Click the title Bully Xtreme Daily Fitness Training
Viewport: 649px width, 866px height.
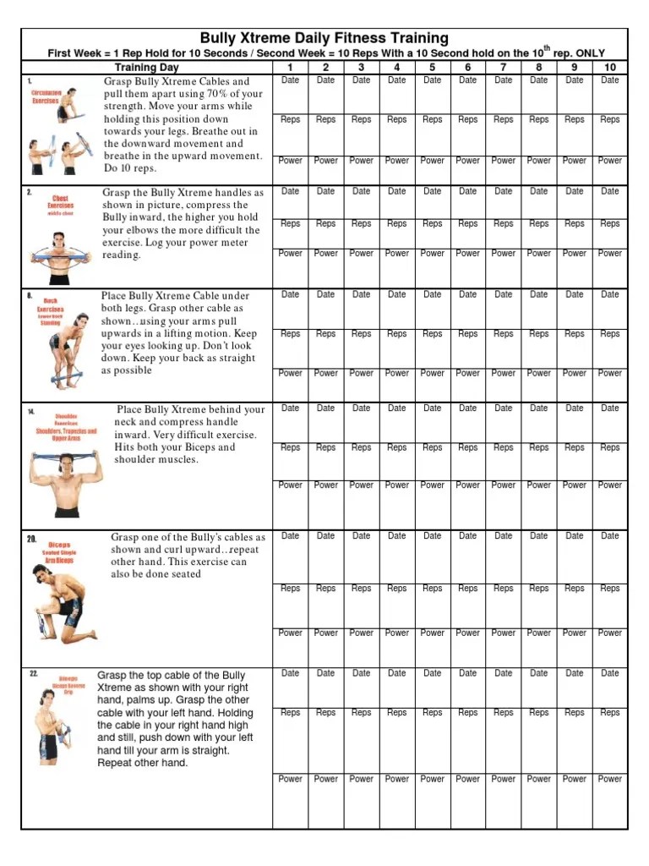coord(324,39)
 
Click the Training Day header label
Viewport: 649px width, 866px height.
coord(146,67)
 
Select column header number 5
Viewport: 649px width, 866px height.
coord(432,67)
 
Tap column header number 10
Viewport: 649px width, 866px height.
coord(609,67)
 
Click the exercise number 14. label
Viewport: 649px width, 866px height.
coord(31,412)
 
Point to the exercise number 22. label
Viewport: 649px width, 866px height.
coord(34,674)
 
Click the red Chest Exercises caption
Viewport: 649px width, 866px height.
coord(61,201)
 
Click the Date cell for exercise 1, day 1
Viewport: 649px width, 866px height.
coord(290,80)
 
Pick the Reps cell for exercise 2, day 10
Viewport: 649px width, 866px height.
coord(609,224)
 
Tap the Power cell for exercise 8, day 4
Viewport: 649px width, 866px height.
coord(396,373)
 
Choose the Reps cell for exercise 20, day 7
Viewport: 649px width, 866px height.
coord(503,589)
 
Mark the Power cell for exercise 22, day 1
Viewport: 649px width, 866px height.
coord(290,779)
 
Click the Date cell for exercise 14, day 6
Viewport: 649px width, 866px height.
coord(467,408)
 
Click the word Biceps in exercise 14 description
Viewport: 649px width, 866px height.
coord(191,447)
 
